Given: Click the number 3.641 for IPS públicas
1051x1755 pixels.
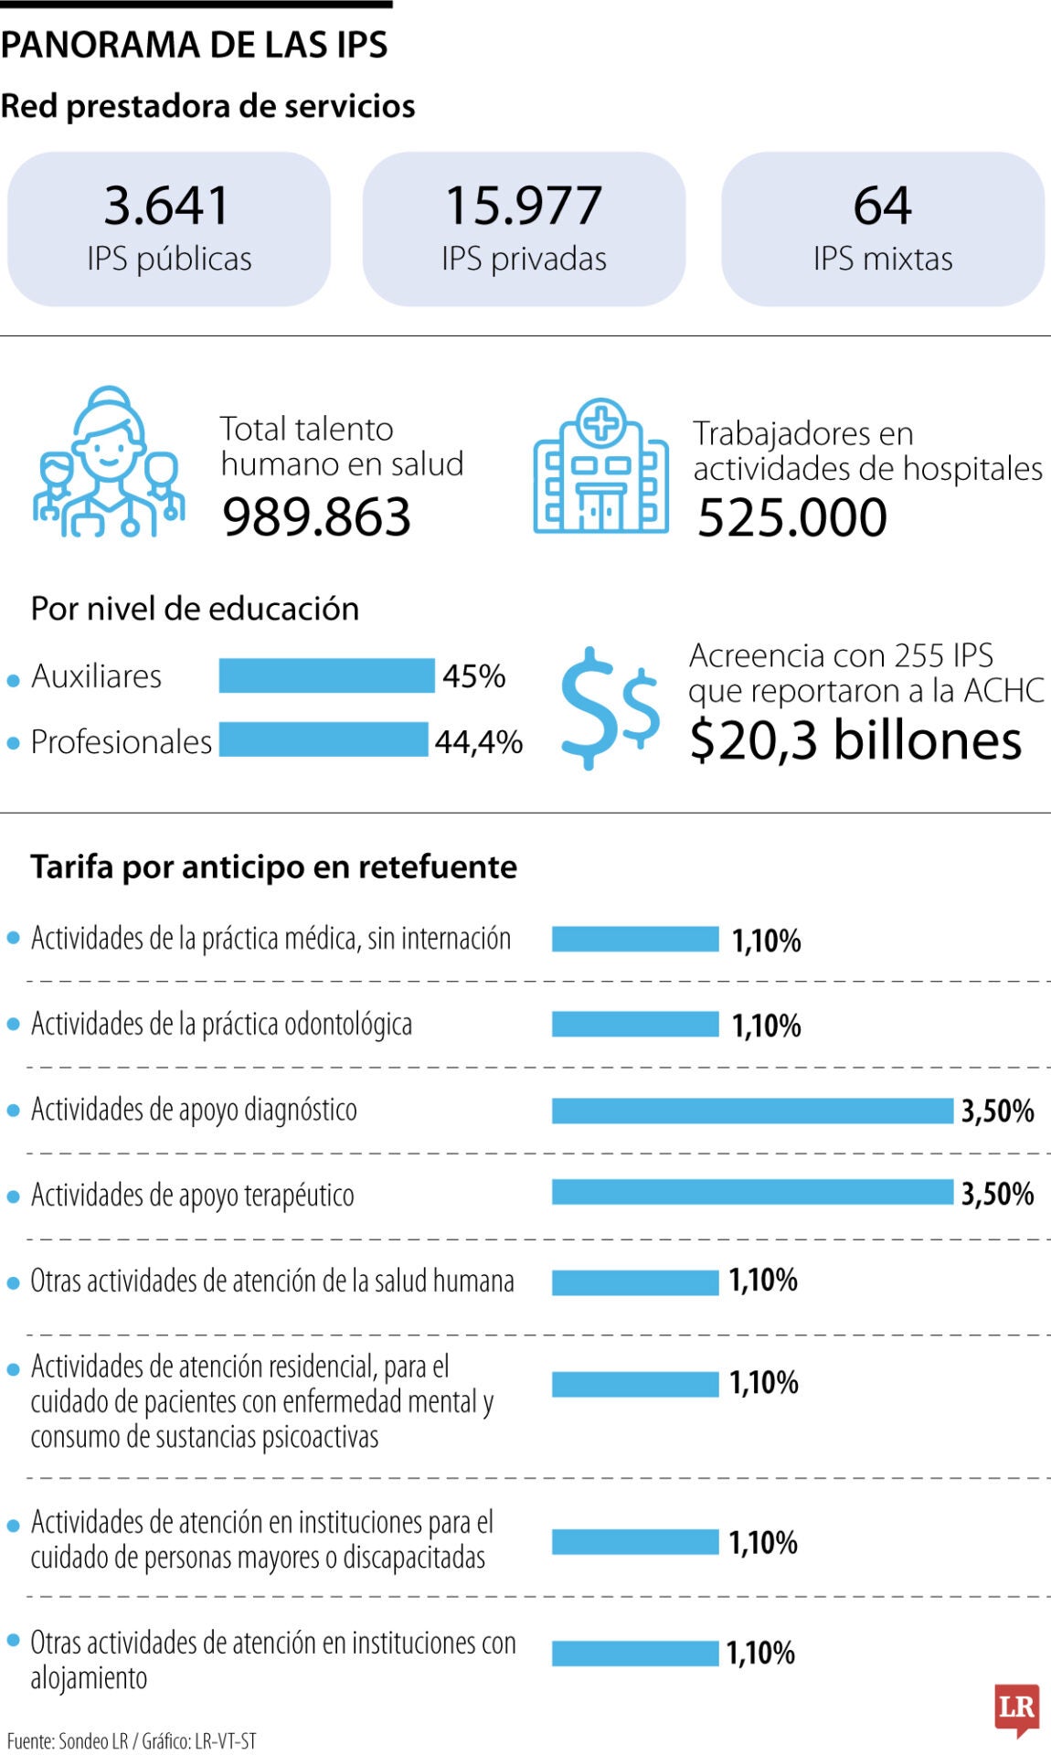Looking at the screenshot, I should (x=166, y=205).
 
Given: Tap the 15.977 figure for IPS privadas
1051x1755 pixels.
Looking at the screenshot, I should (x=524, y=205).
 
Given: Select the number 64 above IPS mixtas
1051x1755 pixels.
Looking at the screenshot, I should (x=882, y=205).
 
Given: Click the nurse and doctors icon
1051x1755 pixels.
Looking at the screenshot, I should (x=109, y=462).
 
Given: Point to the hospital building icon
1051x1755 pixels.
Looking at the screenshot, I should (x=600, y=466).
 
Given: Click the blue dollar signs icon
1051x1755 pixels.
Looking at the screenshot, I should (x=609, y=708).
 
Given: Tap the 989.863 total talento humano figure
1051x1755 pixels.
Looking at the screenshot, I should (x=316, y=517).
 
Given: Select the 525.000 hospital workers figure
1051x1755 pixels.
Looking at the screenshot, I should (x=791, y=517).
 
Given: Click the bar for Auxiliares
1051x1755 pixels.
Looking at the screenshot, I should (x=326, y=675).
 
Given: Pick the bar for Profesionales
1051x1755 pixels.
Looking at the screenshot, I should (x=323, y=739).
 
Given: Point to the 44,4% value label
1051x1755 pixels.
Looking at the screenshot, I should (x=478, y=742).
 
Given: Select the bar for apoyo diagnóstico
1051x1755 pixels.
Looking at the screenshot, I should (x=752, y=1111).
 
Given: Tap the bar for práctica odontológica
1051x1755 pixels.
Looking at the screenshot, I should (x=635, y=1024).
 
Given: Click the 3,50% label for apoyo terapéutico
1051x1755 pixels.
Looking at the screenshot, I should (x=997, y=1194).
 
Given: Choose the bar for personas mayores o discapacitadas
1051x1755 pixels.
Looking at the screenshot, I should (x=635, y=1542).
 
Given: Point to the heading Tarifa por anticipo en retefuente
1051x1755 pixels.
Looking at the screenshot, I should (x=273, y=867).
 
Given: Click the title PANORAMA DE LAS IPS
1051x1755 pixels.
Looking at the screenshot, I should (x=194, y=45).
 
